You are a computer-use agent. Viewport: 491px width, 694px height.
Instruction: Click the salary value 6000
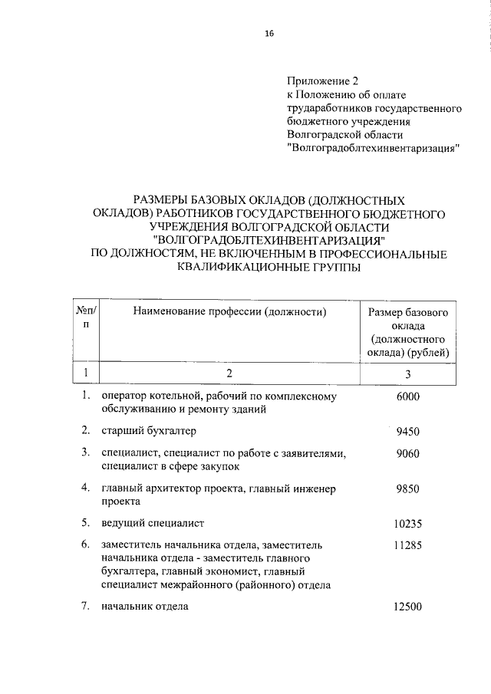408,396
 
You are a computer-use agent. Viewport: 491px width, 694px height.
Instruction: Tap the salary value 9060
408,453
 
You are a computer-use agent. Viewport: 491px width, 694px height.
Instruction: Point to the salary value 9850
408,488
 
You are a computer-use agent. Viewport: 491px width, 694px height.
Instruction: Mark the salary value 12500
408,607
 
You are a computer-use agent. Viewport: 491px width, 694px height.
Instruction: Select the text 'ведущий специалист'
152,524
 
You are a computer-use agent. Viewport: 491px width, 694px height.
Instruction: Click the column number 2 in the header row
229,373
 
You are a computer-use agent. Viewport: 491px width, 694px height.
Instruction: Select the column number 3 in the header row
408,373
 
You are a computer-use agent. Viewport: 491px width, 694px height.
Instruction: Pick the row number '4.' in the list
87,488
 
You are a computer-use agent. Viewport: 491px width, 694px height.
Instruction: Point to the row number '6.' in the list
87,544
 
